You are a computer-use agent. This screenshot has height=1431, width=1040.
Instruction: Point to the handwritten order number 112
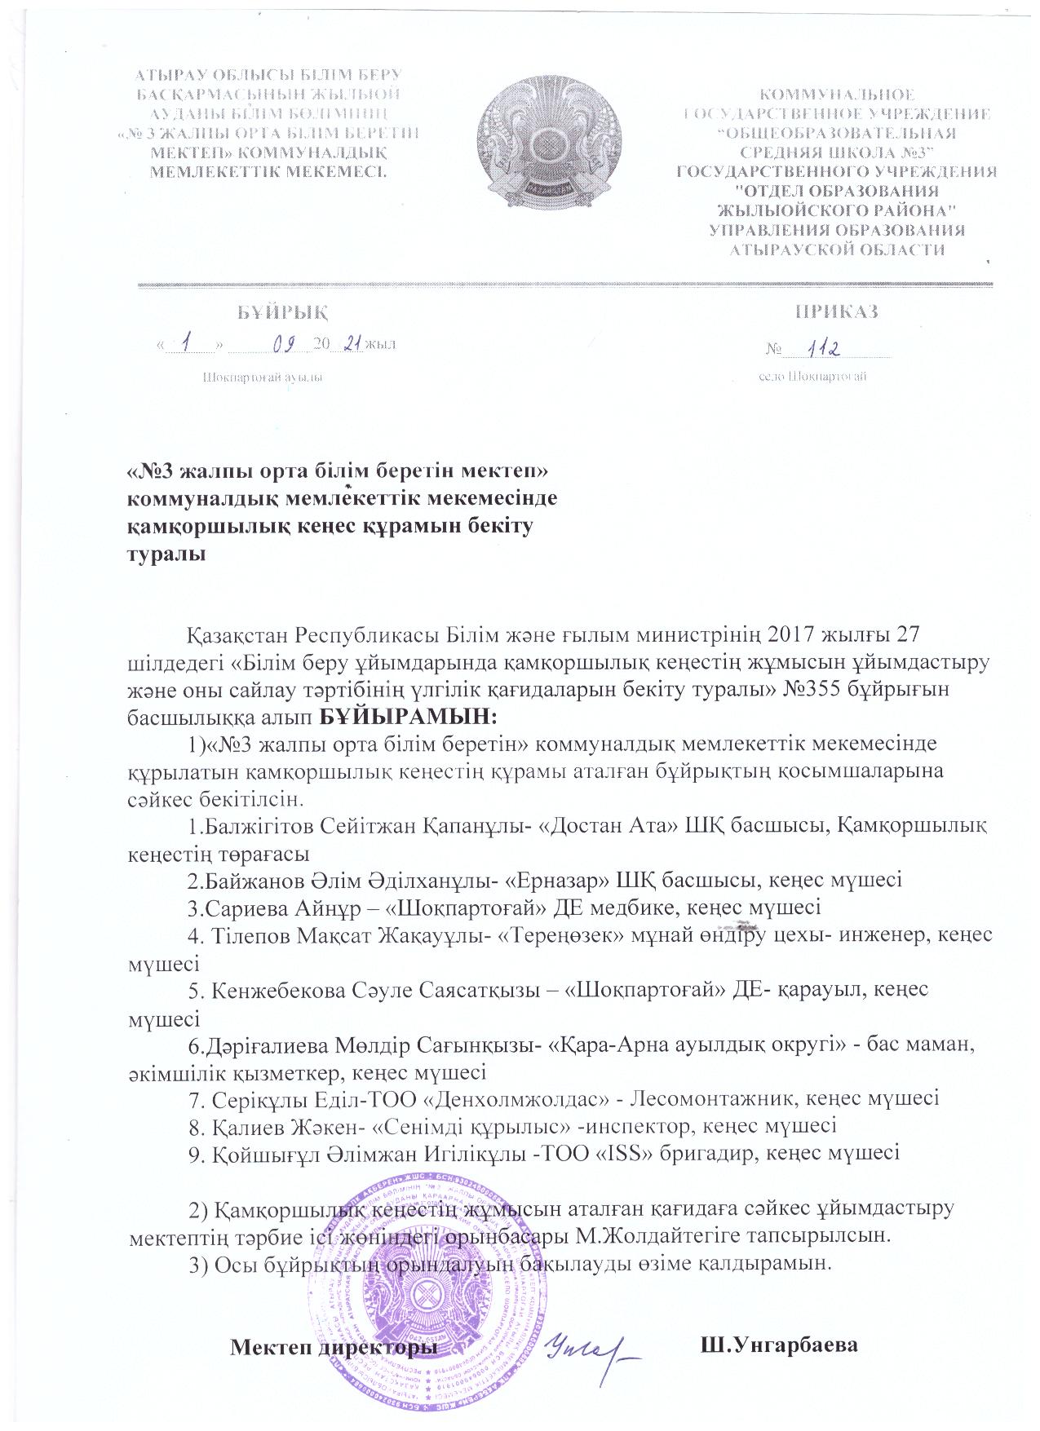[x=824, y=348]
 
